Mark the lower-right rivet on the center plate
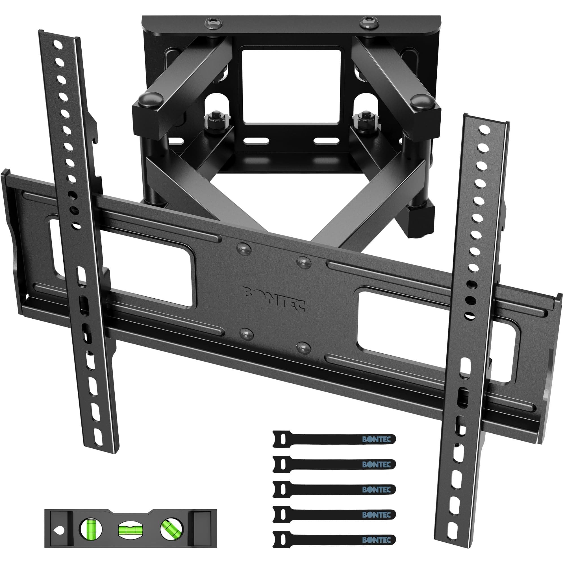click(302, 347)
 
